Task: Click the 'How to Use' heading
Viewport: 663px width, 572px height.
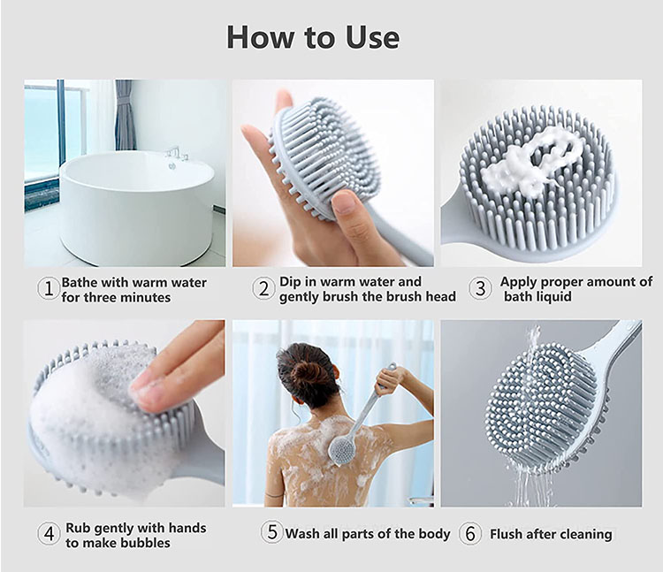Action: pyautogui.click(x=313, y=38)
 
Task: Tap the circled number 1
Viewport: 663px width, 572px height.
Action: pyautogui.click(x=49, y=289)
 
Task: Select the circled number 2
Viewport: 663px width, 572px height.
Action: pyautogui.click(x=263, y=288)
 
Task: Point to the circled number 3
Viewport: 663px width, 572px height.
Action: pyautogui.click(x=480, y=288)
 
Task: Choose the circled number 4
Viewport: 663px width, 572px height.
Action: pyautogui.click(x=49, y=533)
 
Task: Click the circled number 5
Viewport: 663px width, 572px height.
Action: pyautogui.click(x=271, y=532)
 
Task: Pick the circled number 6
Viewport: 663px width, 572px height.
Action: pyautogui.click(x=469, y=533)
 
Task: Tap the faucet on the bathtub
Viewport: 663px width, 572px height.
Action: pyautogui.click(x=176, y=156)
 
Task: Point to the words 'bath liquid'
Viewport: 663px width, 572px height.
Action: pyautogui.click(x=537, y=296)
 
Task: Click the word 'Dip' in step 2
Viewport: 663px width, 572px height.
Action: pyautogui.click(x=289, y=282)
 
